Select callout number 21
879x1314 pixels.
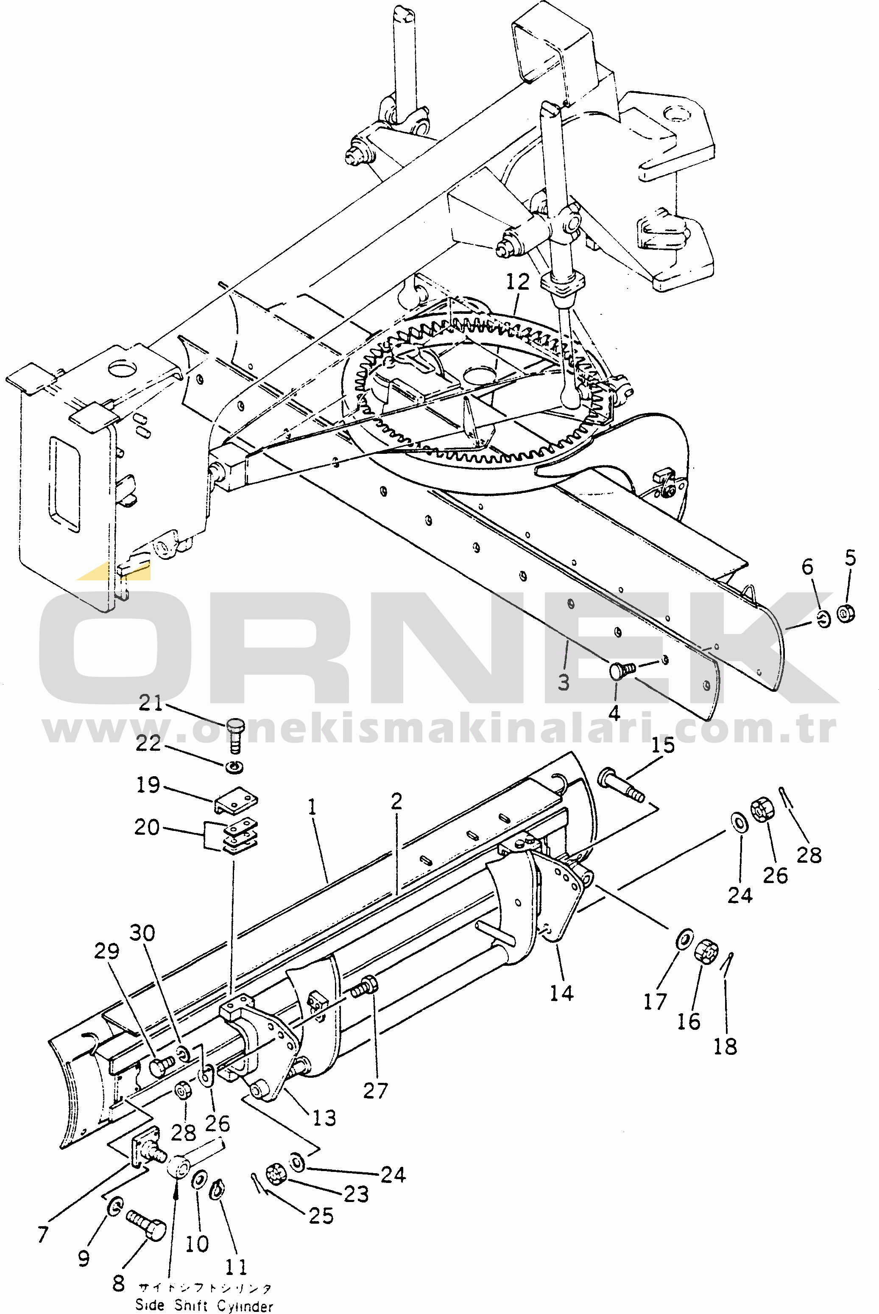click(x=150, y=703)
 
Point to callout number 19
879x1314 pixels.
click(x=148, y=785)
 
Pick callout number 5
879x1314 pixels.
click(x=851, y=558)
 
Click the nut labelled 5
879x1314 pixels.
click(x=846, y=613)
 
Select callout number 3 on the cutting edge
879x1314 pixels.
click(x=564, y=682)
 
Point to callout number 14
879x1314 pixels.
click(x=561, y=993)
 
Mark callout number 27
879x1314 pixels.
click(x=375, y=1090)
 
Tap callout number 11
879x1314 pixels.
click(x=235, y=1267)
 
